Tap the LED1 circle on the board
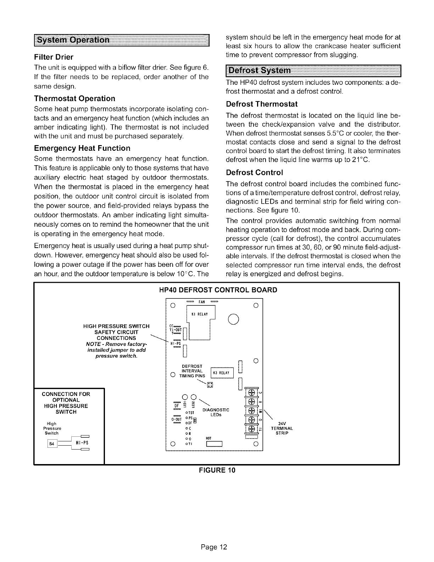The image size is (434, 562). pyautogui.click(x=184, y=397)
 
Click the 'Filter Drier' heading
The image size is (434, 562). pyautogui.click(x=54, y=57)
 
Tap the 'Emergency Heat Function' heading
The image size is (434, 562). pyautogui.click(x=82, y=148)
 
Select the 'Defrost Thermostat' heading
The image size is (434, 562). pyautogui.click(x=261, y=104)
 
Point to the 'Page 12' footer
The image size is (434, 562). pyautogui.click(x=217, y=547)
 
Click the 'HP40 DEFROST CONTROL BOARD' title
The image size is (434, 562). pyautogui.click(x=216, y=290)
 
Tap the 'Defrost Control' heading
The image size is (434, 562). pyautogui.click(x=254, y=173)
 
